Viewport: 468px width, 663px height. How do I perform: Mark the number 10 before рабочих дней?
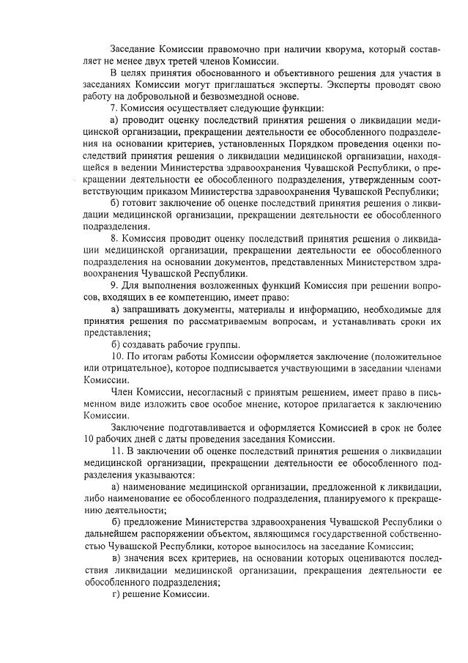point(89,440)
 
